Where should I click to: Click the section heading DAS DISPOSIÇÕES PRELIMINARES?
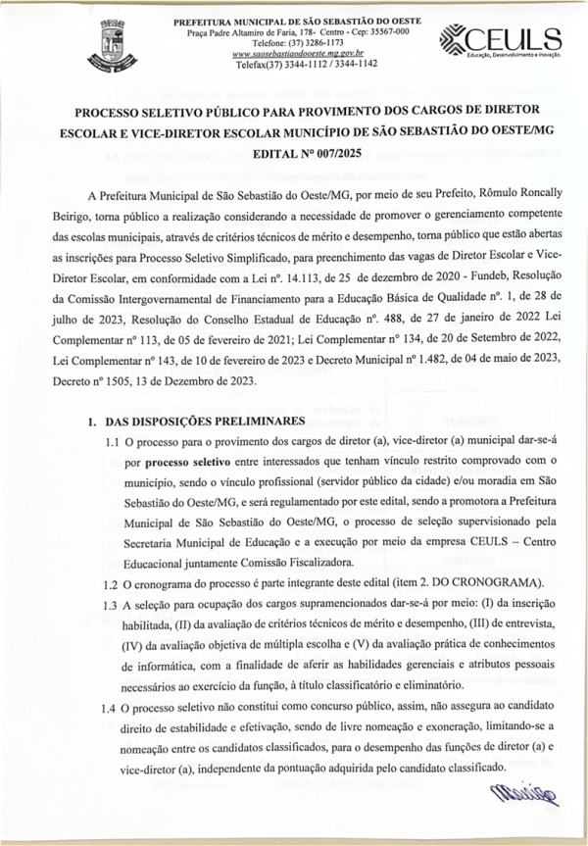[205, 422]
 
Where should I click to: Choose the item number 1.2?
[113, 584]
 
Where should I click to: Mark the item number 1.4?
[113, 707]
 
